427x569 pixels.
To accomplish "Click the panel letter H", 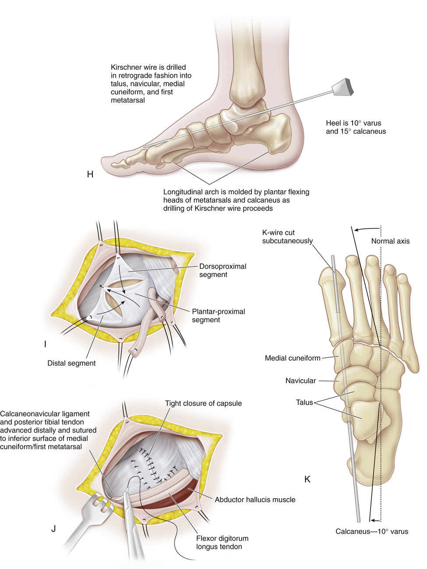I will click(90, 174).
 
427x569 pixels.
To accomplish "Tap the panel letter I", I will click(45, 344).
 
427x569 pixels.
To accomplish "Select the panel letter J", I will click(53, 528).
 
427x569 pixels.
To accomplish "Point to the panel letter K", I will click(307, 479).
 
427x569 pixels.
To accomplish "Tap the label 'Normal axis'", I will click(390, 241).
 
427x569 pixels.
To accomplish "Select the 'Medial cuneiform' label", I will click(293, 358).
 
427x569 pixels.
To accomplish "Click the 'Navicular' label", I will click(300, 381).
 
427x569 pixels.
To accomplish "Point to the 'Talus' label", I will click(304, 402).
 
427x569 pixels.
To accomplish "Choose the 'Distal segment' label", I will click(71, 363).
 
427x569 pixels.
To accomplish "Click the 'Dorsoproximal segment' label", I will click(222, 270).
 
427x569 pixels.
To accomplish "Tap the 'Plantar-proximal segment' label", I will click(218, 316).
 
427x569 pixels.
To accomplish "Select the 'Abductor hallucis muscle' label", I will click(255, 499).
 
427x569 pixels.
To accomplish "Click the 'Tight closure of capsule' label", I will click(203, 403).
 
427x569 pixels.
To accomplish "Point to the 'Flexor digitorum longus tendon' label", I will click(222, 542).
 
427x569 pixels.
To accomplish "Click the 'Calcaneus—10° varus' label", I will click(371, 531).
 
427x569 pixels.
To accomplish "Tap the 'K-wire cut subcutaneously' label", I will click(287, 237).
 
